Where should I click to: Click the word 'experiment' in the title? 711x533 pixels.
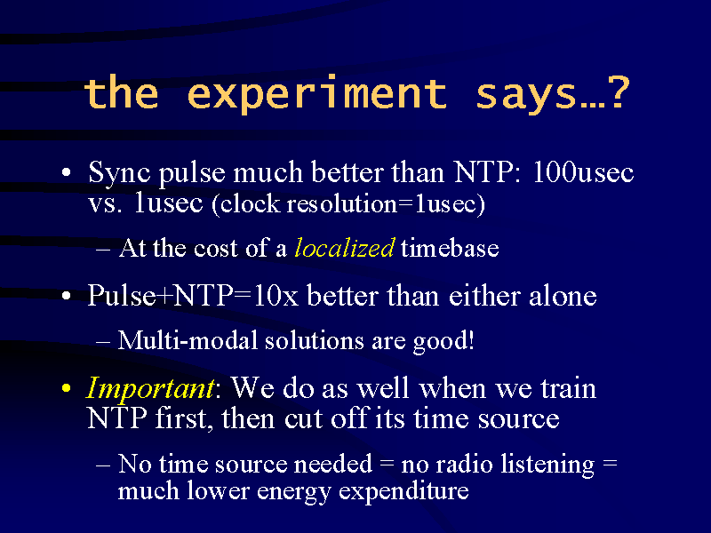(x=317, y=94)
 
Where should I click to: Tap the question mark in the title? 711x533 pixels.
(x=619, y=92)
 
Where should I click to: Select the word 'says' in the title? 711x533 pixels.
(x=526, y=97)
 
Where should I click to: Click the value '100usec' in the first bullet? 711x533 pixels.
(x=583, y=172)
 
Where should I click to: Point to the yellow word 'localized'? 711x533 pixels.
(x=345, y=248)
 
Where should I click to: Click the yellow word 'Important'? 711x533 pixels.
(x=149, y=389)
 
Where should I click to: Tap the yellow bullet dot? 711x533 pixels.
(x=67, y=388)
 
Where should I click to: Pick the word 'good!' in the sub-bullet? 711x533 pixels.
(x=443, y=342)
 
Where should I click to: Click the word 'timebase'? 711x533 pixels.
(x=450, y=248)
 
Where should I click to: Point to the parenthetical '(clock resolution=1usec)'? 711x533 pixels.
(x=348, y=204)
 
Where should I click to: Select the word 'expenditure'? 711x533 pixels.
(x=403, y=492)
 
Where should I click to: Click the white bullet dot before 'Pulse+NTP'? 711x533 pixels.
(x=67, y=296)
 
